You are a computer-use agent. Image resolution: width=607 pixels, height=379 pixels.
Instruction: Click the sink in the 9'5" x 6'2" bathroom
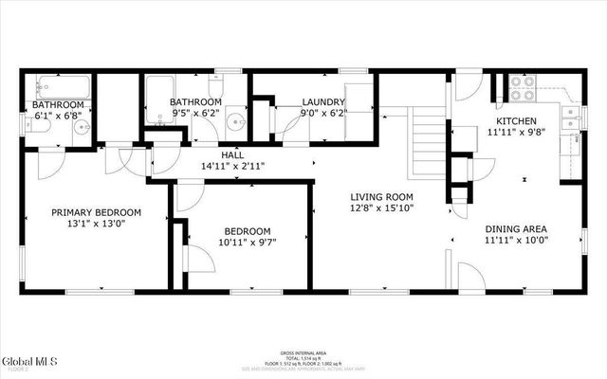pyautogui.click(x=238, y=123)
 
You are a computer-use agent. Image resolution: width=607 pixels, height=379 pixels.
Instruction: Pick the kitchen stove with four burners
pyautogui.click(x=524, y=87)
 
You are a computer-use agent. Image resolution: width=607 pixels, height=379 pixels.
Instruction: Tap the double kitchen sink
pyautogui.click(x=569, y=119)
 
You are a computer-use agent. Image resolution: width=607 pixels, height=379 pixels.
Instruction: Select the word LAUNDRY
pyautogui.click(x=323, y=102)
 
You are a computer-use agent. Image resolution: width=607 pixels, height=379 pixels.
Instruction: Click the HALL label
pyautogui.click(x=232, y=154)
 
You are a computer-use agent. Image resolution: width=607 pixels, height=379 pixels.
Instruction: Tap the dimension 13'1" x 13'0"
pyautogui.click(x=96, y=224)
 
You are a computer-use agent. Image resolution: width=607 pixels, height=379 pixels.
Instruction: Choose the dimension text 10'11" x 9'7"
pyautogui.click(x=247, y=243)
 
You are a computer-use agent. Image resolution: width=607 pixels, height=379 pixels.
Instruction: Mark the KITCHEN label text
pyautogui.click(x=517, y=121)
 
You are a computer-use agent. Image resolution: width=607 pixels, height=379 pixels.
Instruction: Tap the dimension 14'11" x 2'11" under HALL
pyautogui.click(x=232, y=166)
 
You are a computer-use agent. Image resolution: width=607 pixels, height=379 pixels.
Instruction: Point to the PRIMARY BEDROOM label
pyautogui.click(x=96, y=212)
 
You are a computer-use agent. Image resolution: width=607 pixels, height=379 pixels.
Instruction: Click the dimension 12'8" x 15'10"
pyautogui.click(x=382, y=208)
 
